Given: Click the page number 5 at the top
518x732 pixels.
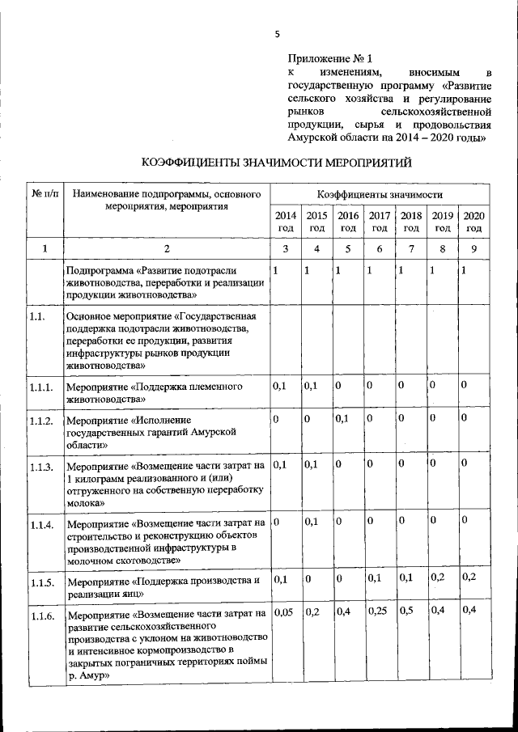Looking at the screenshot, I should [x=276, y=34].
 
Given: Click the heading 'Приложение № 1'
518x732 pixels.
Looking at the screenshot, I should [x=329, y=59].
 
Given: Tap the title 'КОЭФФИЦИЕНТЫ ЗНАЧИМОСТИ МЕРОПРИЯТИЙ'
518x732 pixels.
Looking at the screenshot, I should [x=276, y=163].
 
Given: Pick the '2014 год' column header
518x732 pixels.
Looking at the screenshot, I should [x=286, y=222].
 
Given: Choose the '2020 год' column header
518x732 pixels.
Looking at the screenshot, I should [x=473, y=222].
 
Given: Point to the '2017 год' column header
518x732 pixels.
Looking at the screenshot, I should [x=379, y=222].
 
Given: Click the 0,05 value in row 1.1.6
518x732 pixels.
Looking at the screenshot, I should [x=283, y=611].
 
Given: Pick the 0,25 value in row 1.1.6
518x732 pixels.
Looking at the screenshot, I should [x=378, y=611].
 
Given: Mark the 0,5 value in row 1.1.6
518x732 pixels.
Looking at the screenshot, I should [x=407, y=611].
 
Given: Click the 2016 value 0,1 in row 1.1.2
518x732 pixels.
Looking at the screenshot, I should [x=342, y=419].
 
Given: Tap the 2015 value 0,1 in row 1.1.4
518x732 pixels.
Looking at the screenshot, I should [x=312, y=521].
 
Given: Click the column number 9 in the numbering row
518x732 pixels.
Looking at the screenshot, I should [x=473, y=249].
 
